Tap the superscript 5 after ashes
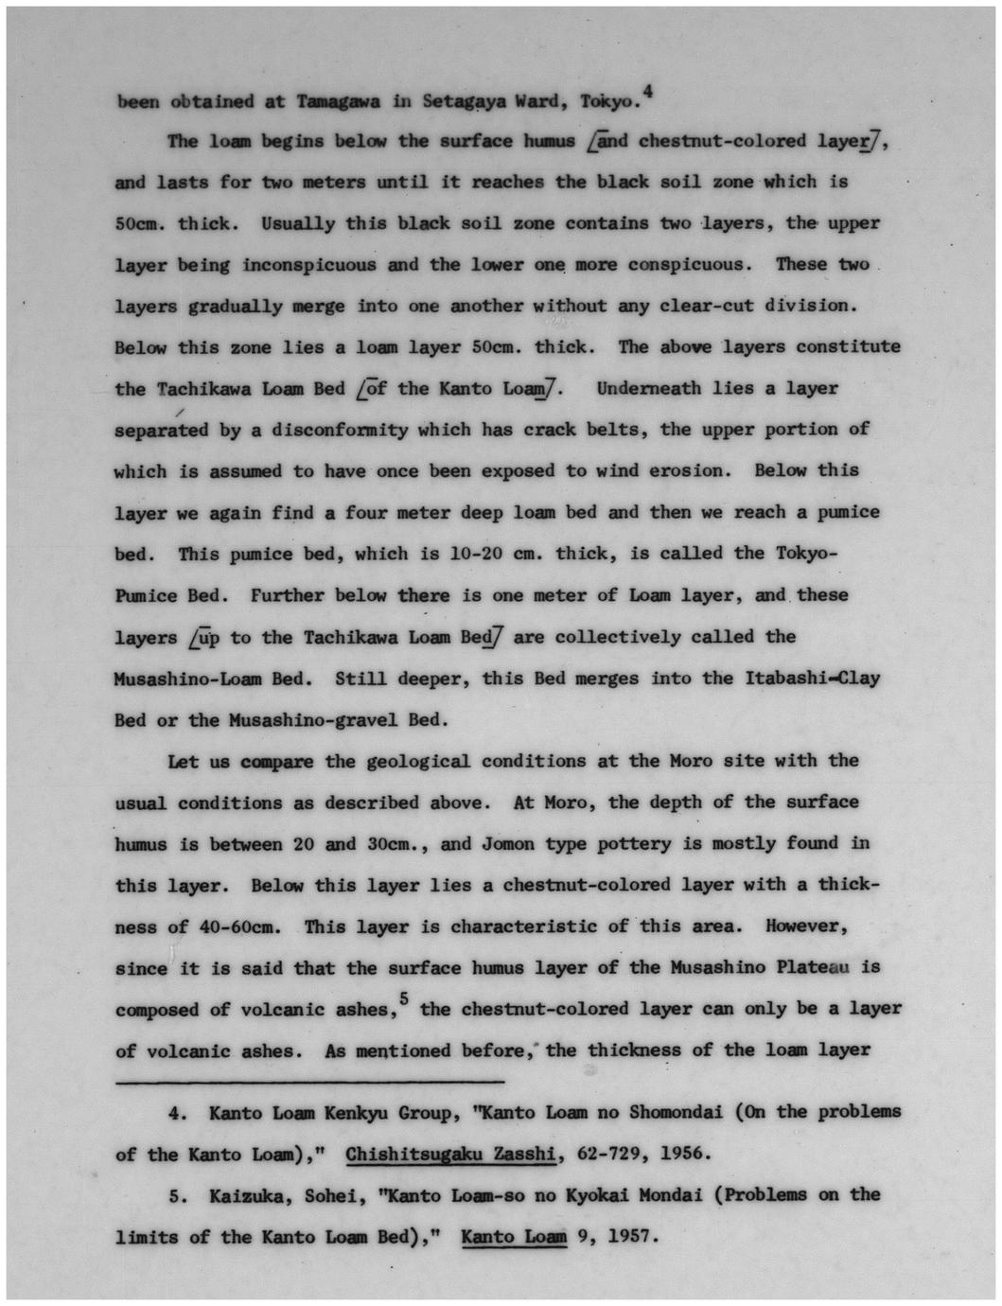(403, 997)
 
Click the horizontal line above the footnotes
(309, 1081)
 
